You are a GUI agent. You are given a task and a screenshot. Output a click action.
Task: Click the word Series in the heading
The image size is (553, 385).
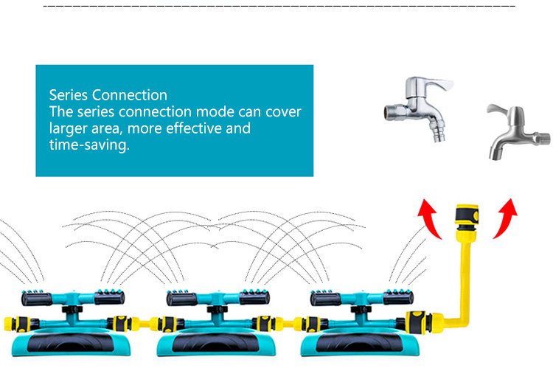click(69, 95)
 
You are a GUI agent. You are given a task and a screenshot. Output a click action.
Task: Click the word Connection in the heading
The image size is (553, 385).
click(130, 95)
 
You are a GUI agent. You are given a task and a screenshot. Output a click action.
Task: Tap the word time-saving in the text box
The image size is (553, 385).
click(89, 145)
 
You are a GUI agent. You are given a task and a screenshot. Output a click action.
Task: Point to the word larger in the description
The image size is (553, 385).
click(69, 128)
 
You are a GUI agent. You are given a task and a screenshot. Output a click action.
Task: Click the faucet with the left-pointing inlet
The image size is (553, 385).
click(419, 108)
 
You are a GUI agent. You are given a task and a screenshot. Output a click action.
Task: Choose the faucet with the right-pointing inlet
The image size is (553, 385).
click(518, 131)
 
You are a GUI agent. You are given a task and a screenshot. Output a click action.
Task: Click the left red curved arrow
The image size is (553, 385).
click(430, 218)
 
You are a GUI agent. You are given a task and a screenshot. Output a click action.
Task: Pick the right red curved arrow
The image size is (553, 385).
click(505, 218)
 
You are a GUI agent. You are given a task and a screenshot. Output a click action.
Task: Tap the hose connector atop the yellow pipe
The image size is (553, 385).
click(466, 215)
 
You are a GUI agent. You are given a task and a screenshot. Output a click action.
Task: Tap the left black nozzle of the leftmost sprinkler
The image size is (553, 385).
click(37, 299)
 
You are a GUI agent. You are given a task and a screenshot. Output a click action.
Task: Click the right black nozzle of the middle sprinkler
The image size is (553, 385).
click(254, 297)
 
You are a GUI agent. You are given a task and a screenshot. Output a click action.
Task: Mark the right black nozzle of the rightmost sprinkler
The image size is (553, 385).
click(398, 297)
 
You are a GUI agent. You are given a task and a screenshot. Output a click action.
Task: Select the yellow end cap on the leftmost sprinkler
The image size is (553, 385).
click(8, 324)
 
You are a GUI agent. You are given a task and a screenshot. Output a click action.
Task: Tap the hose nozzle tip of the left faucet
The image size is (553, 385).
click(437, 134)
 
